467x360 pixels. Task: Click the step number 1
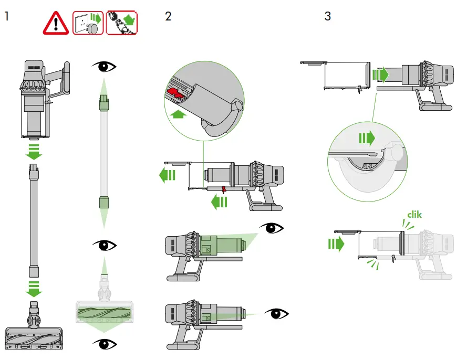click(7, 16)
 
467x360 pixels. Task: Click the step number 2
click(168, 16)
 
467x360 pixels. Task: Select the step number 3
click(328, 16)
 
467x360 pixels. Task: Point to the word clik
click(414, 214)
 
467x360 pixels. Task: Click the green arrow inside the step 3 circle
click(367, 139)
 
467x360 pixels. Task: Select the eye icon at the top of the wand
click(103, 66)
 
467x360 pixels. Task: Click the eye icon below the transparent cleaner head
click(103, 344)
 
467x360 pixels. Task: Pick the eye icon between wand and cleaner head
click(103, 245)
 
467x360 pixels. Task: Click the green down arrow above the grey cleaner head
click(34, 288)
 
